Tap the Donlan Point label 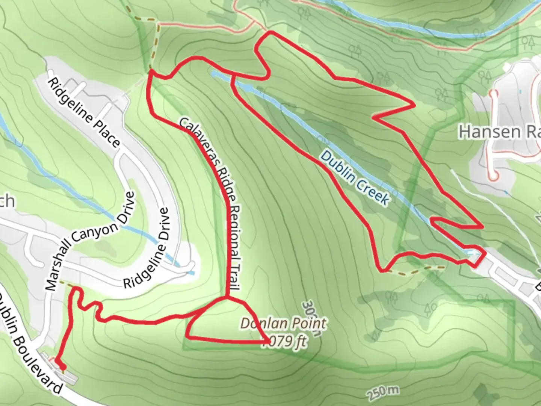click(x=283, y=324)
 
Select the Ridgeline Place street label click(x=84, y=113)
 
